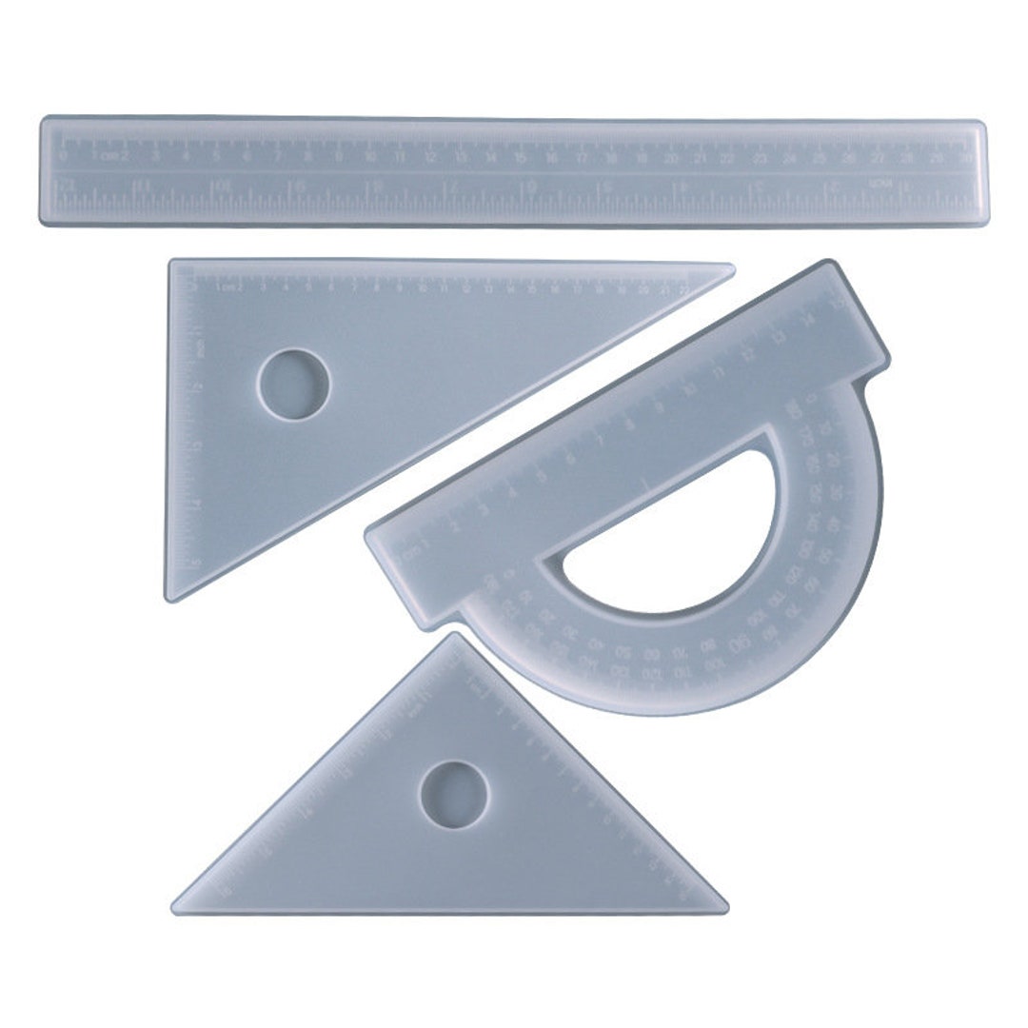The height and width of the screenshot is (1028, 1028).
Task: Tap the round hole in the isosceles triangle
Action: click(x=454, y=794)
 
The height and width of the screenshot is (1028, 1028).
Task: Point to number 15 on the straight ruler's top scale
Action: click(x=521, y=157)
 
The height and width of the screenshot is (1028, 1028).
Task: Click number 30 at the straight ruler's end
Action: click(x=967, y=157)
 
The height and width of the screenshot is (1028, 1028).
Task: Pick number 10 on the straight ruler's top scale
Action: click(x=368, y=157)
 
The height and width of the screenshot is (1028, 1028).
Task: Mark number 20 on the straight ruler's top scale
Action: click(x=672, y=157)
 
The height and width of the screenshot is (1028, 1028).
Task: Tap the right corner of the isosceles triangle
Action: click(x=725, y=908)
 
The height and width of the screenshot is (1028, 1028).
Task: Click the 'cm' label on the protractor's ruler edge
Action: click(x=412, y=551)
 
